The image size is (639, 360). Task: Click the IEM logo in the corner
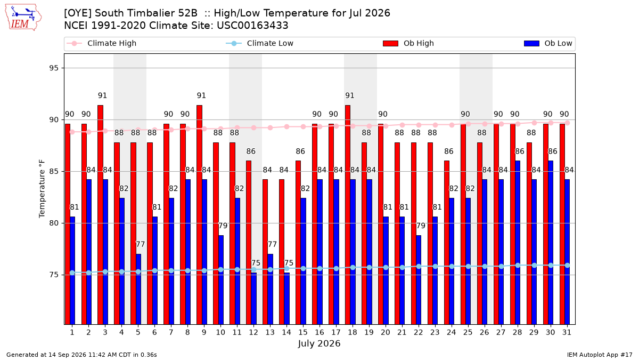pyautogui.click(x=23, y=18)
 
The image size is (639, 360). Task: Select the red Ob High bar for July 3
pyautogui.click(x=101, y=215)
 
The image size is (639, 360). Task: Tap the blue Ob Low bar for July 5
pyautogui.click(x=138, y=289)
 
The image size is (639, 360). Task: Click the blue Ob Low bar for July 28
pyautogui.click(x=518, y=243)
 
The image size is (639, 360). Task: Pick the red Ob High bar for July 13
pyautogui.click(x=265, y=252)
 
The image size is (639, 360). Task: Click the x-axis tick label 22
pyautogui.click(x=418, y=332)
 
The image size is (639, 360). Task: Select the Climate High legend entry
pyautogui.click(x=102, y=43)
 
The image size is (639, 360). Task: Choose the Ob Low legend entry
pyautogui.click(x=548, y=43)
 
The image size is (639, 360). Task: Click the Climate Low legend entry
pyautogui.click(x=260, y=43)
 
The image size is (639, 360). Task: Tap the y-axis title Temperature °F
pyautogui.click(x=42, y=189)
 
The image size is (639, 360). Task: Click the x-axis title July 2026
pyautogui.click(x=319, y=343)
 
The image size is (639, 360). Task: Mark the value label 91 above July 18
pyautogui.click(x=350, y=95)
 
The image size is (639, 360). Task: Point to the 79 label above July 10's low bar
pyautogui.click(x=223, y=226)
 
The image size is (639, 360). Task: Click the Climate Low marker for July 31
pyautogui.click(x=568, y=266)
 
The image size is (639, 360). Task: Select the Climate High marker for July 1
pyautogui.click(x=72, y=132)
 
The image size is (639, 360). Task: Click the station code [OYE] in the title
pyautogui.click(x=78, y=13)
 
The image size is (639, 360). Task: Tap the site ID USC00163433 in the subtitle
pyautogui.click(x=252, y=26)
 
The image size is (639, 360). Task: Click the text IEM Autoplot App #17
pyautogui.click(x=600, y=355)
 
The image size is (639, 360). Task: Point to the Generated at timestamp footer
pyautogui.click(x=81, y=355)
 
